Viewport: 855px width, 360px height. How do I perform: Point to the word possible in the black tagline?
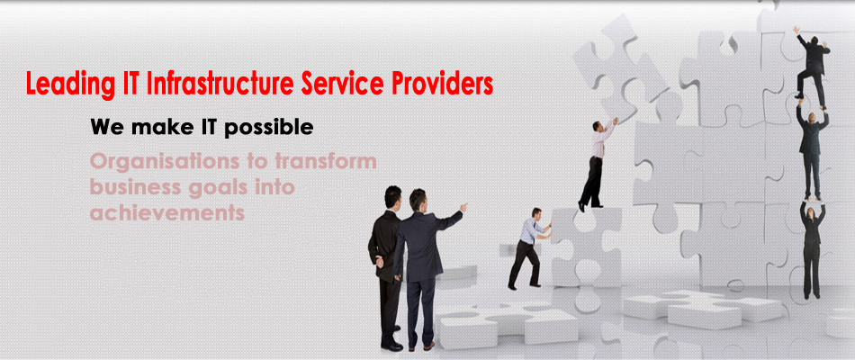268,128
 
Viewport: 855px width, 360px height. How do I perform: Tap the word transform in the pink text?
325,161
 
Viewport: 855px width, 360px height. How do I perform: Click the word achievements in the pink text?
166,212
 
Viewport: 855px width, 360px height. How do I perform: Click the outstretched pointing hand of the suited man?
463,207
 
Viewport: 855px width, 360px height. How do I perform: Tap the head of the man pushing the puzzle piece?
536,213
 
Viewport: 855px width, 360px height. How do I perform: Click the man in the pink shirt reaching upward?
598,164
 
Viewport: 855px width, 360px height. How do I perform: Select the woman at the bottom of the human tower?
813,248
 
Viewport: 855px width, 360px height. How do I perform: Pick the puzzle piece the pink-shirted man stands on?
586,246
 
